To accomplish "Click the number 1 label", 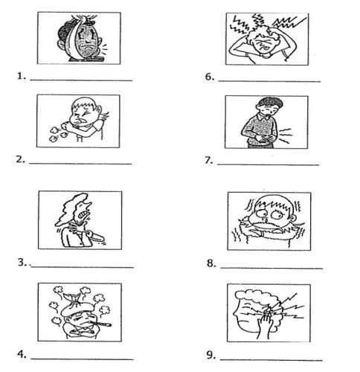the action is click(22, 76).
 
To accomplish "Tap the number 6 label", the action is click(210, 77).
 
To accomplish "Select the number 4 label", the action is click(22, 354).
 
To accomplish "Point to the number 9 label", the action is click(211, 355).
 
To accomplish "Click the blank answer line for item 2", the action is click(80, 164).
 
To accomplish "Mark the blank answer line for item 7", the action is click(268, 164).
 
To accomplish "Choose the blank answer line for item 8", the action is click(271, 268).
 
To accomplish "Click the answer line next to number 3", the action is click(83, 267).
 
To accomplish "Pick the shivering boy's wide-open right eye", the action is click(276, 215).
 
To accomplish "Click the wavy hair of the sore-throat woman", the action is click(72, 209).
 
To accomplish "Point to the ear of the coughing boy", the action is click(99, 110).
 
